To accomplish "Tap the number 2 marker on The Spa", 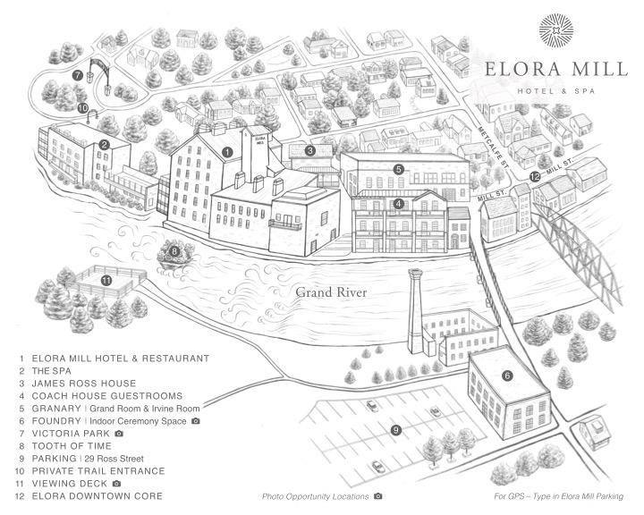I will point(105,144).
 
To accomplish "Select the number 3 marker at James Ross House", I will point(309,151).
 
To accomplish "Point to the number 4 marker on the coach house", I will point(398,203).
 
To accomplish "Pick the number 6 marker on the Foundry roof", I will point(507,376).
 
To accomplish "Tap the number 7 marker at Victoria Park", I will point(78,75).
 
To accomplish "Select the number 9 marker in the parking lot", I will point(395,430).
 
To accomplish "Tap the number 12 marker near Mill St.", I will point(535,177).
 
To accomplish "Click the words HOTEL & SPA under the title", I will point(559,90).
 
